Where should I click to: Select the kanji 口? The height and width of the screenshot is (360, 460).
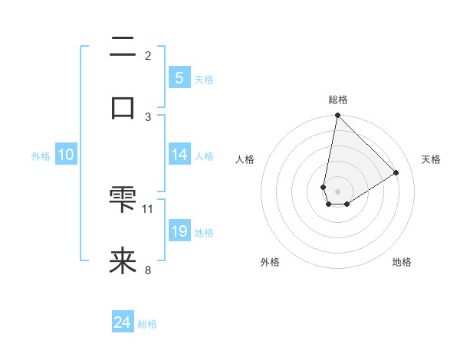tap(123, 107)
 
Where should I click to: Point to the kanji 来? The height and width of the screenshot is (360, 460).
tap(123, 260)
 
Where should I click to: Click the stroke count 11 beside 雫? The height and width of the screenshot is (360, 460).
tap(148, 208)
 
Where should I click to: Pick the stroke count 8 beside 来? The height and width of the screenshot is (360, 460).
tap(148, 270)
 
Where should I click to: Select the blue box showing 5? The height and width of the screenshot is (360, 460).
tap(179, 77)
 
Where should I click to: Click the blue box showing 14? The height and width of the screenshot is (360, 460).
tap(179, 154)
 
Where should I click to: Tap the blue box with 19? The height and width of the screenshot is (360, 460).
tap(179, 231)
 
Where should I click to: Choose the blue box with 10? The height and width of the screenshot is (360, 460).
tap(65, 155)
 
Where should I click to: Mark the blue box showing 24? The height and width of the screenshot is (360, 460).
tap(122, 323)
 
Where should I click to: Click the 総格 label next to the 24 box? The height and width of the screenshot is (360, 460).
tap(147, 324)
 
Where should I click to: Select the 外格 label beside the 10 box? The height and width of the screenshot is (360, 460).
tap(41, 155)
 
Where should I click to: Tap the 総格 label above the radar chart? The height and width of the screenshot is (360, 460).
tap(337, 100)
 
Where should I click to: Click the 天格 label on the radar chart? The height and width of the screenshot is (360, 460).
tap(431, 159)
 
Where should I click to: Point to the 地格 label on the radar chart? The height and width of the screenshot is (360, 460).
tap(402, 262)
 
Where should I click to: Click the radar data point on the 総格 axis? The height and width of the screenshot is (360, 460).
tap(337, 116)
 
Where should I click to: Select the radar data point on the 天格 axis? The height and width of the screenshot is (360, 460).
tap(396, 172)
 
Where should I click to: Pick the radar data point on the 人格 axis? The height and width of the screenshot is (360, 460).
tap(324, 187)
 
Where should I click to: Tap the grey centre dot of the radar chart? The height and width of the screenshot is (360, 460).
tap(337, 191)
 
